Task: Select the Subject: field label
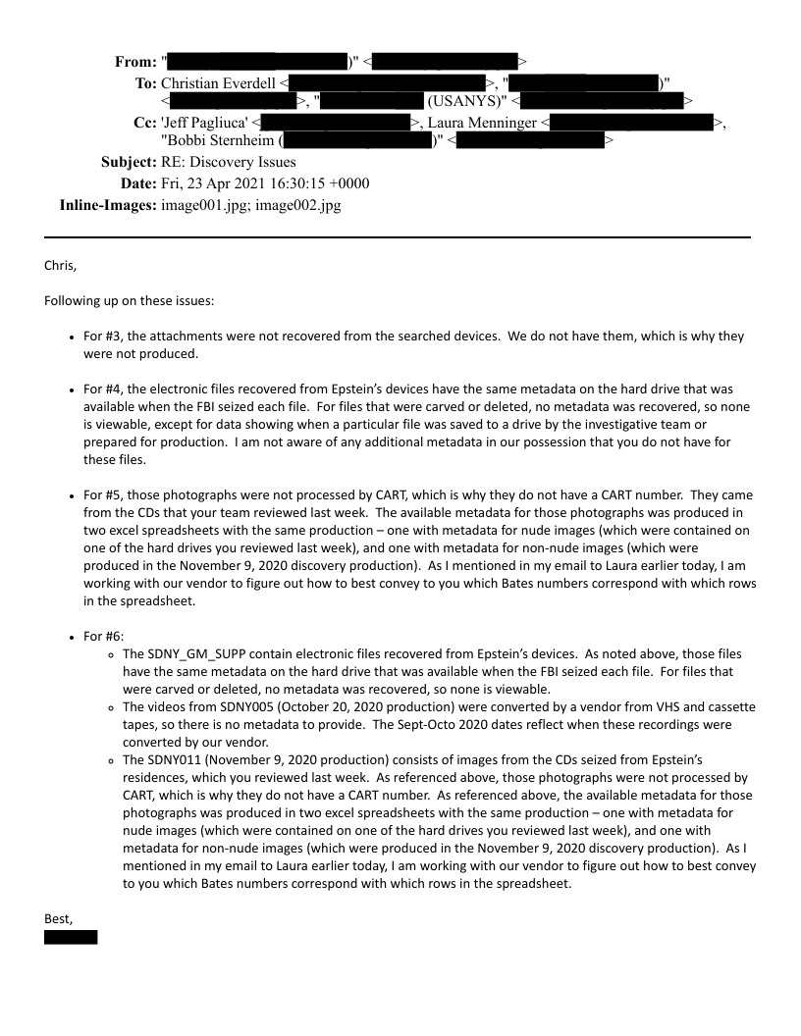(x=129, y=162)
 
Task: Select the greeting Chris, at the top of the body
(x=60, y=265)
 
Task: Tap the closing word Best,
(x=59, y=918)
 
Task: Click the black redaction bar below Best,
(x=71, y=938)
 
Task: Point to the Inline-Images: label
(x=108, y=206)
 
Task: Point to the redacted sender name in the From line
(x=256, y=62)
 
